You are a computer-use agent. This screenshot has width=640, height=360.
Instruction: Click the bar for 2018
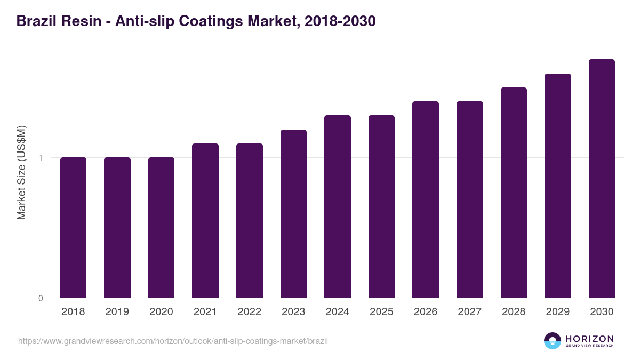pos(73,228)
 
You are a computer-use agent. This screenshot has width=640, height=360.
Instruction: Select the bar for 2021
pos(205,221)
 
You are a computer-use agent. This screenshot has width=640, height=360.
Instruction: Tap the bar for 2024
pos(338,206)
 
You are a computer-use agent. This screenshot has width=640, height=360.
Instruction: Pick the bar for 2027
pos(470,199)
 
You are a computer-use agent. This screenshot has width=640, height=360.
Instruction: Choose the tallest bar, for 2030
pos(602,179)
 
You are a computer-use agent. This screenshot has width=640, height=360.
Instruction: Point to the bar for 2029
pos(558,186)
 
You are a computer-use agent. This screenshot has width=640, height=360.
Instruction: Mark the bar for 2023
pos(293,214)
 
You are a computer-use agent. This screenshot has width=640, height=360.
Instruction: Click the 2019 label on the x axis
pos(117,312)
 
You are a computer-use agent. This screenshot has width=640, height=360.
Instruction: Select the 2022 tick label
pos(250,312)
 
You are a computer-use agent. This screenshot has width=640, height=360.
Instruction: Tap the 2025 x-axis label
pos(381,312)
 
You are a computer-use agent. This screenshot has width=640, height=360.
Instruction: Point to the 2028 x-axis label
pos(514,312)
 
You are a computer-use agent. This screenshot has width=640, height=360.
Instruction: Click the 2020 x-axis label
pos(161,312)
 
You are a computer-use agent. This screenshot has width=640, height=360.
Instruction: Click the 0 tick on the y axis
pos(41,298)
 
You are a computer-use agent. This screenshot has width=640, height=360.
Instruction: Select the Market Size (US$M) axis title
pos(21,172)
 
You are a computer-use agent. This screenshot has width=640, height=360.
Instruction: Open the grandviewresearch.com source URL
pos(173,341)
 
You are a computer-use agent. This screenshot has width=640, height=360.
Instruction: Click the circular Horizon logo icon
pos(553,341)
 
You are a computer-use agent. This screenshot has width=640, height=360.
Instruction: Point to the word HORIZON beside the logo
pos(589,339)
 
